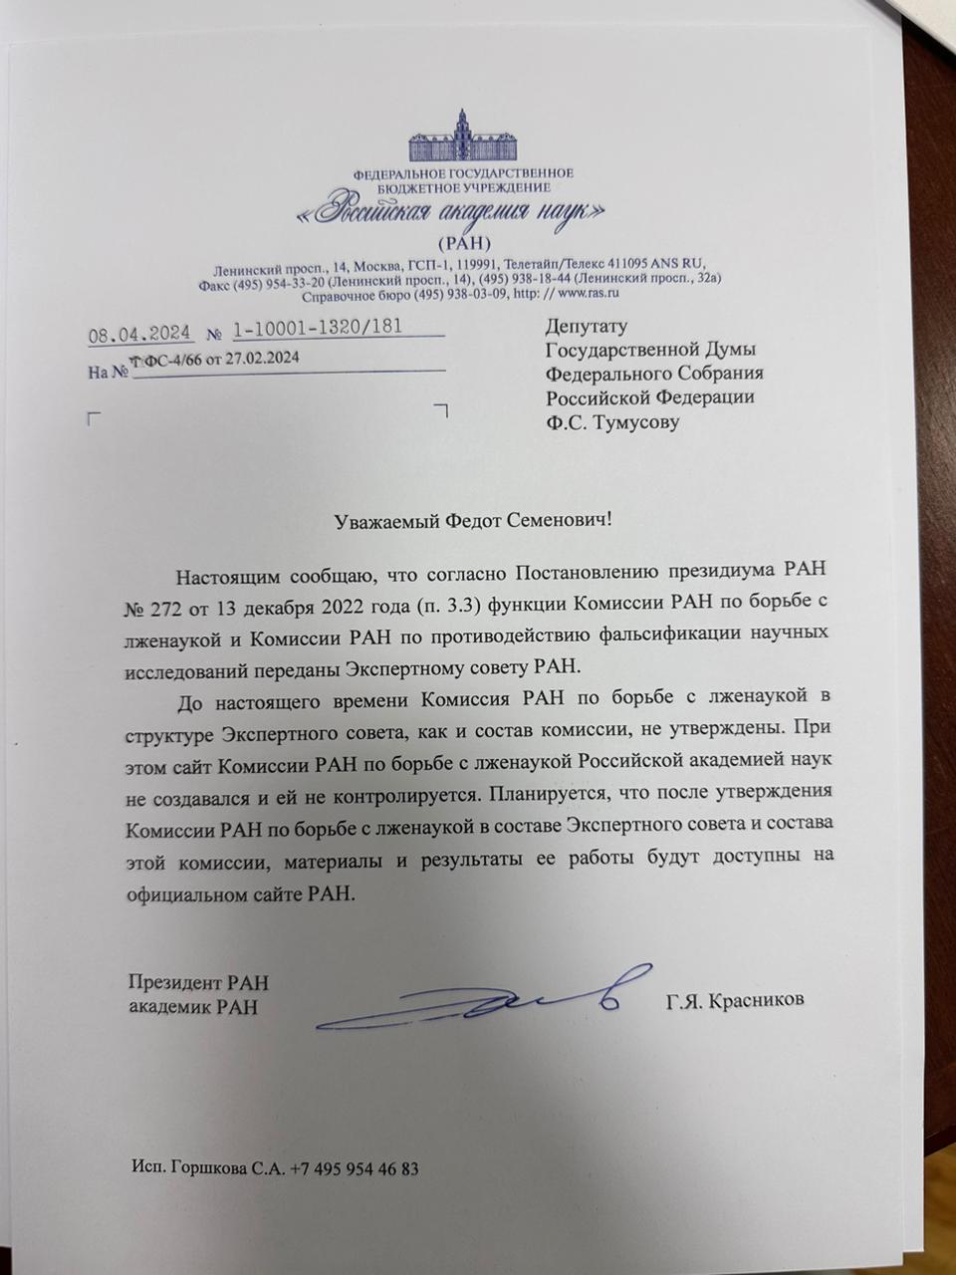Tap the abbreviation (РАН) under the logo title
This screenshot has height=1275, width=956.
coord(464,242)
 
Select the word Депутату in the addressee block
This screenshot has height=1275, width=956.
coord(587,326)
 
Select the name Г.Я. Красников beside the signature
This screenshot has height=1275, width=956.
coord(735,1000)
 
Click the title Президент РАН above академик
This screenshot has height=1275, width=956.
coord(198,983)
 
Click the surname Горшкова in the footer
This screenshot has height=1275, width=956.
coord(207,1168)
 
